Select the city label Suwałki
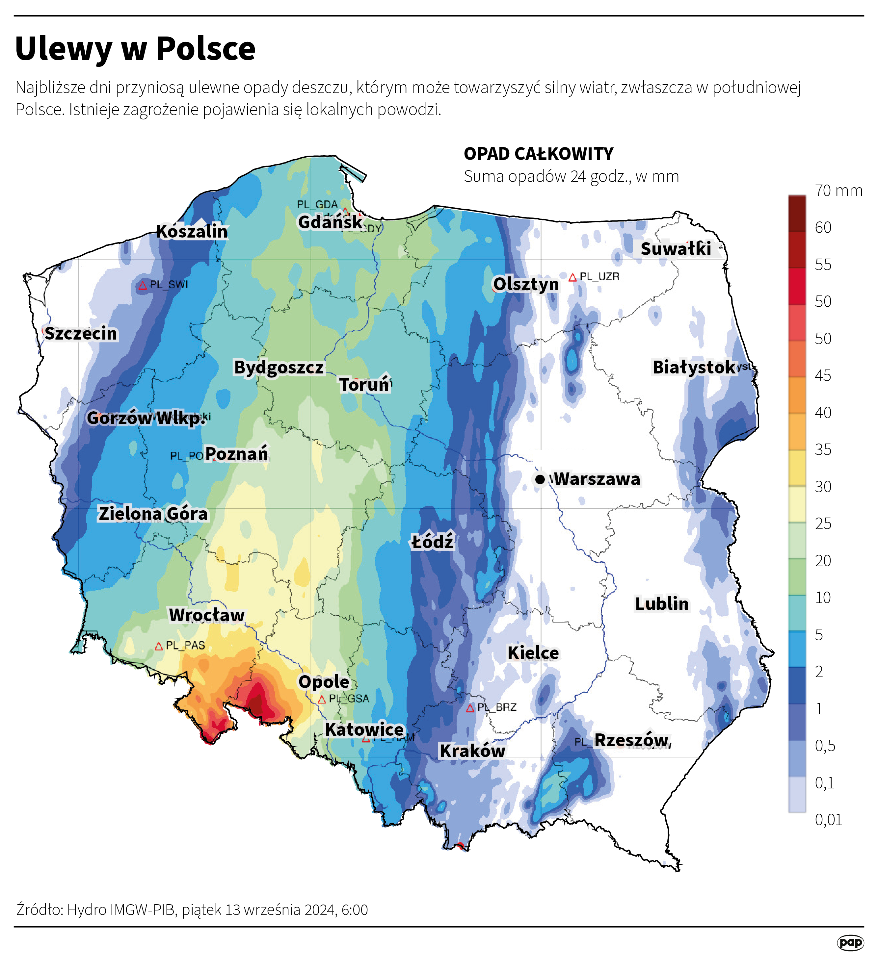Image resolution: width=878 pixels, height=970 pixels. pos(675,249)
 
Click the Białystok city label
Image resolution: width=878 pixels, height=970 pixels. pos(694,367)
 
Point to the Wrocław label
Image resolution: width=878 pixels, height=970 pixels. pos(206,615)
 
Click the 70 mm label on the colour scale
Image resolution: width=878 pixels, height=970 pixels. pos(838,191)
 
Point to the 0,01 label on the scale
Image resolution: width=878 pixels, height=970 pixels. pos(828,820)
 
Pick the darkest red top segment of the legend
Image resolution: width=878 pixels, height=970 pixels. pos(797,214)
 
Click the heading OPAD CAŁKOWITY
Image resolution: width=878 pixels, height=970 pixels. pos(538,154)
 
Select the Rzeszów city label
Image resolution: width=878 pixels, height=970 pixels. pos(631,740)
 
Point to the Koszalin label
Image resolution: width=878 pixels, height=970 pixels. pos(192,231)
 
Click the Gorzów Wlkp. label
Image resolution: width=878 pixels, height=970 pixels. pos(146,418)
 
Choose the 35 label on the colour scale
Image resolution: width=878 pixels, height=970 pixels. pos(823,449)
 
